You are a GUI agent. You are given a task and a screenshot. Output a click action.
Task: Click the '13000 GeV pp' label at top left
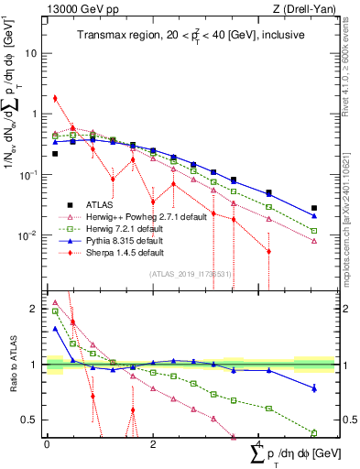76,8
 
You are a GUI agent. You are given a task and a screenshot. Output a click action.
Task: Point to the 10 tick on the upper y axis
32,53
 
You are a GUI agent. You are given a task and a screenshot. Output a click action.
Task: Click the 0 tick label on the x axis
47,444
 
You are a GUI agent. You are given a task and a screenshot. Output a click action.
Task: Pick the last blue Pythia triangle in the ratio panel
314,388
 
